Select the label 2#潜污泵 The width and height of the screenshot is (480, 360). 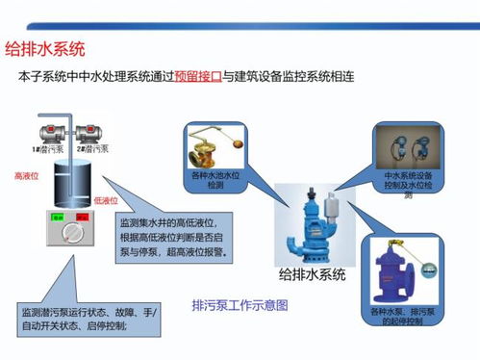click(x=95, y=150)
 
